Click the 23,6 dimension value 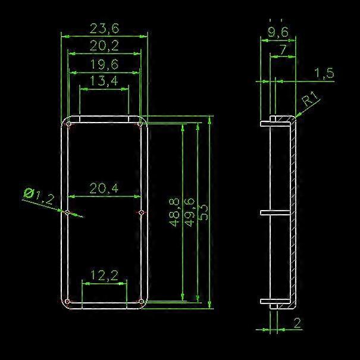(x=104, y=28)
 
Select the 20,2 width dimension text (x=104, y=45)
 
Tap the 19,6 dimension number (x=104, y=64)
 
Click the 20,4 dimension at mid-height (x=104, y=189)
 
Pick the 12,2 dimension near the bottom (x=104, y=275)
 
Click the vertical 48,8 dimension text (x=175, y=212)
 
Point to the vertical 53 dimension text (x=204, y=212)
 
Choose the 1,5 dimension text (x=324, y=73)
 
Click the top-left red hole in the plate (x=69, y=124)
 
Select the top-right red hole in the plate (x=140, y=124)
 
